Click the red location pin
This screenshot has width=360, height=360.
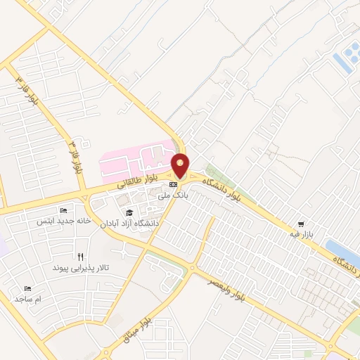(x=181, y=165)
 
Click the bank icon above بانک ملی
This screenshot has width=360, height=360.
(x=174, y=186)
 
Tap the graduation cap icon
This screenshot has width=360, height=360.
(x=129, y=212)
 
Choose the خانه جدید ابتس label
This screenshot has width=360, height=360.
(x=64, y=221)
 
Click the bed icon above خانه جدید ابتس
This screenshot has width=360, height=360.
(x=64, y=210)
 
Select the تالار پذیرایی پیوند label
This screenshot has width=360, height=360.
(x=82, y=268)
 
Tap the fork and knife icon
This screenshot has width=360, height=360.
(x=81, y=257)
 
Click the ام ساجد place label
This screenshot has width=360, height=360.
(x=29, y=300)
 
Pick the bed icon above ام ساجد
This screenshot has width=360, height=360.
(x=28, y=289)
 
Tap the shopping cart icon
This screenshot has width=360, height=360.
(x=301, y=223)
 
